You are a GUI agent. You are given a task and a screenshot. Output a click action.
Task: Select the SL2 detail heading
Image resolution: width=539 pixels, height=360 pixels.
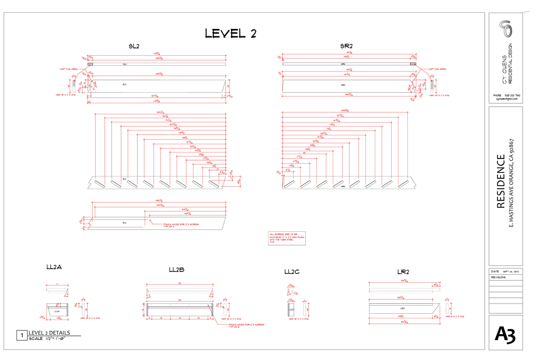pos(134,46)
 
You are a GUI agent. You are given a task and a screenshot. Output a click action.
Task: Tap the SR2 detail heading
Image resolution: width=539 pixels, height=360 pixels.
pos(346,46)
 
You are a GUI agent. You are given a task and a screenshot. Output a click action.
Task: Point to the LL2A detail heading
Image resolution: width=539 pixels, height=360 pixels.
pos(54,267)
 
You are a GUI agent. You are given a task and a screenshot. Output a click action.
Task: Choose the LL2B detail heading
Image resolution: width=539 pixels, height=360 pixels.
pos(176,270)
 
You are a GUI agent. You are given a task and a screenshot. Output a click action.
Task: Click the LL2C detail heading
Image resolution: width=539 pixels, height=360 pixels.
pos(292,272)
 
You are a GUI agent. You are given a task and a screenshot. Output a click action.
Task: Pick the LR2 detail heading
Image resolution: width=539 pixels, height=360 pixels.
pos(403,272)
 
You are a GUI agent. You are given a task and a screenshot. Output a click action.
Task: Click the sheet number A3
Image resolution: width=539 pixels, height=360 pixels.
pos(505,334)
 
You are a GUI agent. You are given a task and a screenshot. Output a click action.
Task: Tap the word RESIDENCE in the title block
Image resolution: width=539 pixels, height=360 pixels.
pos(502,182)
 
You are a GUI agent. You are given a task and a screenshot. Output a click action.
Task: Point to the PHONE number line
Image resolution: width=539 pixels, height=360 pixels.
pos(506,95)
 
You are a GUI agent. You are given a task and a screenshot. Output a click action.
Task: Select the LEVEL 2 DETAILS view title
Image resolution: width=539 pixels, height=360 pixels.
pos(49,333)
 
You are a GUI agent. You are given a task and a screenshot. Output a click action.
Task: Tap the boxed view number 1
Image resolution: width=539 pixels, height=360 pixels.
pos(22,335)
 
